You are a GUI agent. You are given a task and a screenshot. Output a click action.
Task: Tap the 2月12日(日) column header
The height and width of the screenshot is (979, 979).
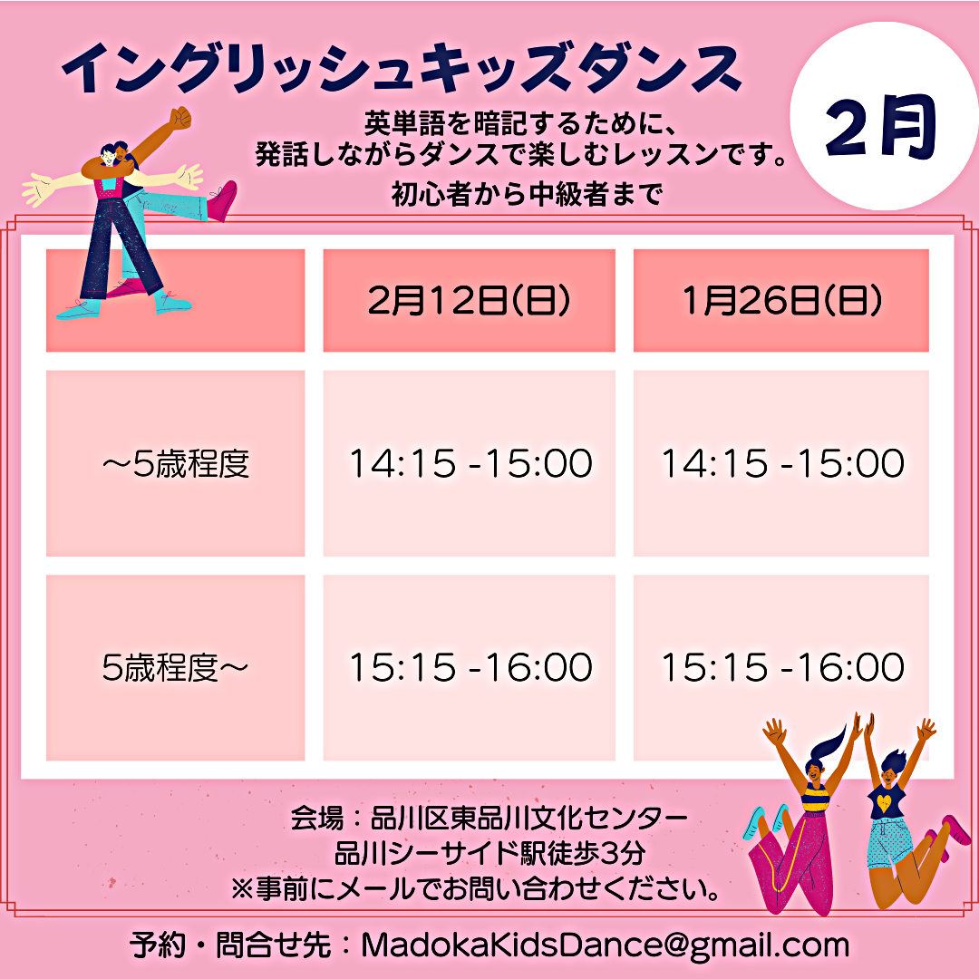(469, 300)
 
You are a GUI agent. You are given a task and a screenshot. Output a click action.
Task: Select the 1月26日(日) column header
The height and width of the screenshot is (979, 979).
(781, 300)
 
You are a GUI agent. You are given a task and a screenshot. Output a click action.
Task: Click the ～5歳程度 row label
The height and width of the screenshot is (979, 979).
(176, 463)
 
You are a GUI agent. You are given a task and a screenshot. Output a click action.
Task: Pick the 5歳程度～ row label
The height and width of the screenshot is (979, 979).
(176, 667)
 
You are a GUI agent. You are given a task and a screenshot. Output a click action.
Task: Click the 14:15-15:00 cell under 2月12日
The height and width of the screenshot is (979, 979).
(470, 463)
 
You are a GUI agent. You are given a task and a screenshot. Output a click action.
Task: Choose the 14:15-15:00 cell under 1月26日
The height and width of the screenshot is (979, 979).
(782, 463)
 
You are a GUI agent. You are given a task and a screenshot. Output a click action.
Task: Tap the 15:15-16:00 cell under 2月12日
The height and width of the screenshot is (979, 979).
(470, 667)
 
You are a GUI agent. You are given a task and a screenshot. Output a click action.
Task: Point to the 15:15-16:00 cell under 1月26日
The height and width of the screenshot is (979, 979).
(782, 667)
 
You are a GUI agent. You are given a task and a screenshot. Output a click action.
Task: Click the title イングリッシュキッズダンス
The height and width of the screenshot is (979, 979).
(402, 68)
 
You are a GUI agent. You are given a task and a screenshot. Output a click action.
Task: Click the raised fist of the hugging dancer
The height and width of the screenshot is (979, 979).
(180, 117)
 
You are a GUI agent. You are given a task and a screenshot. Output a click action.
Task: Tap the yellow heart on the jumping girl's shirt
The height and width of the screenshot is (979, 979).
(884, 802)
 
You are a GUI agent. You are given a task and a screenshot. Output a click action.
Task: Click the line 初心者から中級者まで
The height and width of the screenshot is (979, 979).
(527, 194)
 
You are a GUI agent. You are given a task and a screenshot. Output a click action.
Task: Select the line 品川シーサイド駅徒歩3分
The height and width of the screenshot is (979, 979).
(490, 853)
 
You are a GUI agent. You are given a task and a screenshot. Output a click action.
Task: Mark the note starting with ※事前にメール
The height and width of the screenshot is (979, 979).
(475, 888)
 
